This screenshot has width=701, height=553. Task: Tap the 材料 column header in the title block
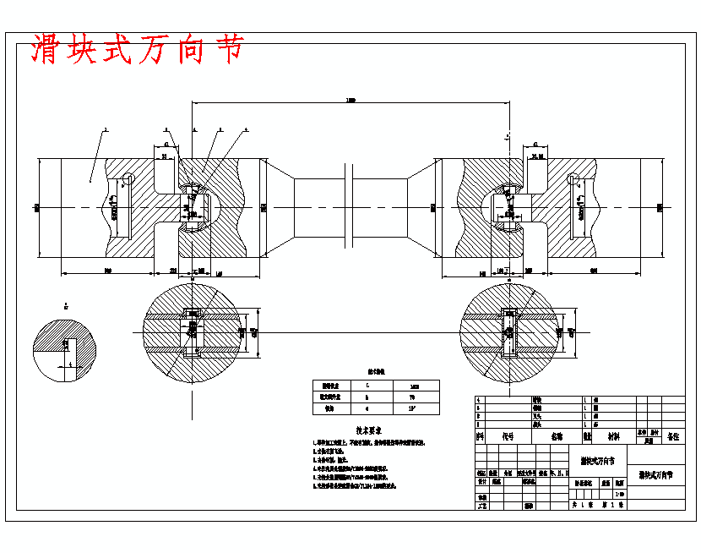(x=611, y=437)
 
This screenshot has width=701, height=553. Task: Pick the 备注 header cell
(x=672, y=437)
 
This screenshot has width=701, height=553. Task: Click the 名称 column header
(x=557, y=437)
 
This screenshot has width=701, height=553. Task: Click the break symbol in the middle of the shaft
(x=350, y=207)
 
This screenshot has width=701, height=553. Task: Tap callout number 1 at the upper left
(x=105, y=131)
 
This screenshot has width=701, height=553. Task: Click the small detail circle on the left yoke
(x=128, y=178)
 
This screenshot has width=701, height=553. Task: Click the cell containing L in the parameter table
(x=367, y=385)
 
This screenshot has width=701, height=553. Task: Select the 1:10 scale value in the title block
(x=621, y=494)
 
